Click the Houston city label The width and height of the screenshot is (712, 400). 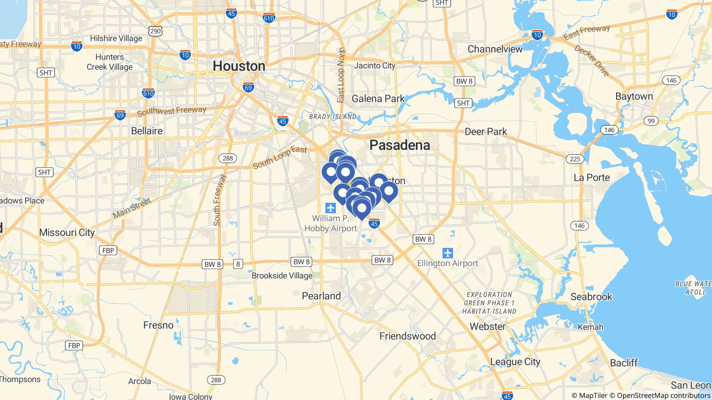(x=239, y=66)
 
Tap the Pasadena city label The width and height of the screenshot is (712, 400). (x=399, y=145)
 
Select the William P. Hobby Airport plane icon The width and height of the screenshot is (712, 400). (x=330, y=208)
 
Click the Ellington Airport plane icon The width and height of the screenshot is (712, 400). (x=448, y=253)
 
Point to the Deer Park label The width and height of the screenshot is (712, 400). (x=486, y=132)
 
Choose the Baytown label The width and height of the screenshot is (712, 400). (x=634, y=96)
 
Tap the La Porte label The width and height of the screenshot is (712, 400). (x=591, y=177)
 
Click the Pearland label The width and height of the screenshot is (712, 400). (x=321, y=296)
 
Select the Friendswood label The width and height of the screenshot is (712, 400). (x=407, y=336)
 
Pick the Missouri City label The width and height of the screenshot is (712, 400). (x=67, y=232)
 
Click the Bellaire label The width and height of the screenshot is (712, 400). (x=147, y=131)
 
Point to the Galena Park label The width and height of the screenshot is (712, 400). (x=378, y=99)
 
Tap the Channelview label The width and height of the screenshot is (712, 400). (x=495, y=49)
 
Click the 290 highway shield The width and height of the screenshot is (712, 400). (x=155, y=31)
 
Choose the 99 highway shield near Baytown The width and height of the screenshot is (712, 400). (x=651, y=121)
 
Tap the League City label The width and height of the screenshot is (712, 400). (x=515, y=361)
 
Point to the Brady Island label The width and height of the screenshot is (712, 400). (x=333, y=117)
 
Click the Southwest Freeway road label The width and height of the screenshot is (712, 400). (x=171, y=111)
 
